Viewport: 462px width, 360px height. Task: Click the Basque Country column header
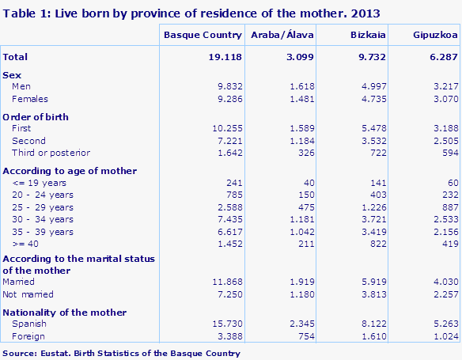203,36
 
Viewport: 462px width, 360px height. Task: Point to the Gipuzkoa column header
434,36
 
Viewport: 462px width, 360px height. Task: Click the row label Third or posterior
51,153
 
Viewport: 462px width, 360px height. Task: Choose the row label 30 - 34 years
43,219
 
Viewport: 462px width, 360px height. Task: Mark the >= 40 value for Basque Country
227,244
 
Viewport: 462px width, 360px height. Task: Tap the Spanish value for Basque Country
225,324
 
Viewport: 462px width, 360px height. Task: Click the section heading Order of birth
36,117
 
